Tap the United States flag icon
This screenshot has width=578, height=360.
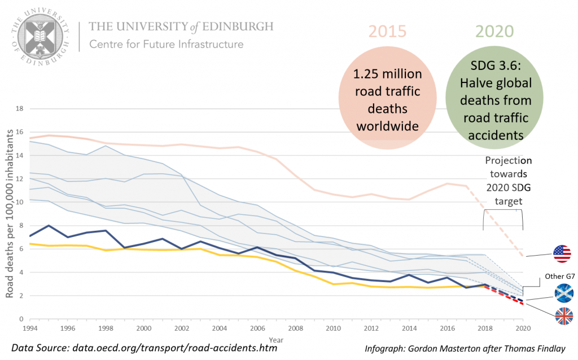tap(562, 254)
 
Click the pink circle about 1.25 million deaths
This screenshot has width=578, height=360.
tap(387, 100)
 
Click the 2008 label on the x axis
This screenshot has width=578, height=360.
tap(295, 327)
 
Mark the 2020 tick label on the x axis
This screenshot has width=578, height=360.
tap(522, 327)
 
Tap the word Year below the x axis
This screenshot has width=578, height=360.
tap(276, 340)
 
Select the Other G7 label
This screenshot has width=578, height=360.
tap(558, 276)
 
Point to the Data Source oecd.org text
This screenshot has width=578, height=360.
tap(144, 348)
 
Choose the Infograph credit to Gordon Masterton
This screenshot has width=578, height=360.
tap(465, 348)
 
